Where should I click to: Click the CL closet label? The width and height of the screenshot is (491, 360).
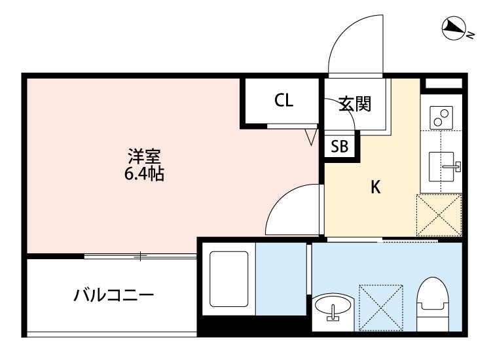click(x=283, y=101)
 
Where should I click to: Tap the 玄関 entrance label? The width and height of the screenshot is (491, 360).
click(x=355, y=103)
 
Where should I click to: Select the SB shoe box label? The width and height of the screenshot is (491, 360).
click(x=339, y=147)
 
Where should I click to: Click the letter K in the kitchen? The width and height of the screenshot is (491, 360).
click(x=375, y=187)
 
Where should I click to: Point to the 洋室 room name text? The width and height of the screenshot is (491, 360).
click(x=144, y=158)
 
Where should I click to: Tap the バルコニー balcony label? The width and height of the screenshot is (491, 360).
click(x=113, y=295)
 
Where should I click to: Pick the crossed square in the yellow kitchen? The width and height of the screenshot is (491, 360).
click(x=439, y=214)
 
